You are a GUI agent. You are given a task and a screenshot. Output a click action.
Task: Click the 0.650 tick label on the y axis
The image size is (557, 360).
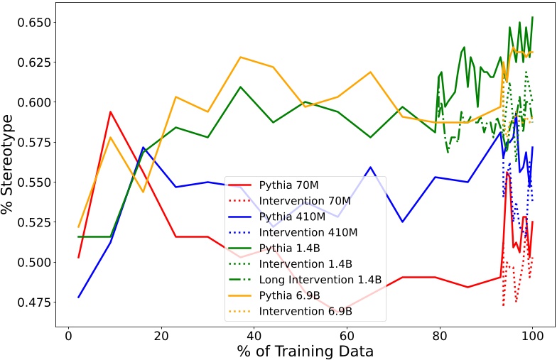29,23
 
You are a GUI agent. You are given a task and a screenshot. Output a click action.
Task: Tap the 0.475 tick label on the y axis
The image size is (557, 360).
29,302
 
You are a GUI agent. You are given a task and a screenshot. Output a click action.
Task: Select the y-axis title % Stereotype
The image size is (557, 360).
10,163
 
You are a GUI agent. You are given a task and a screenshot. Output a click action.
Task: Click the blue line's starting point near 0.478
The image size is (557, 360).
78,298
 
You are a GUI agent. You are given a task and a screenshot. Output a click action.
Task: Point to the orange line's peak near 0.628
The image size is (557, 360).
241,57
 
